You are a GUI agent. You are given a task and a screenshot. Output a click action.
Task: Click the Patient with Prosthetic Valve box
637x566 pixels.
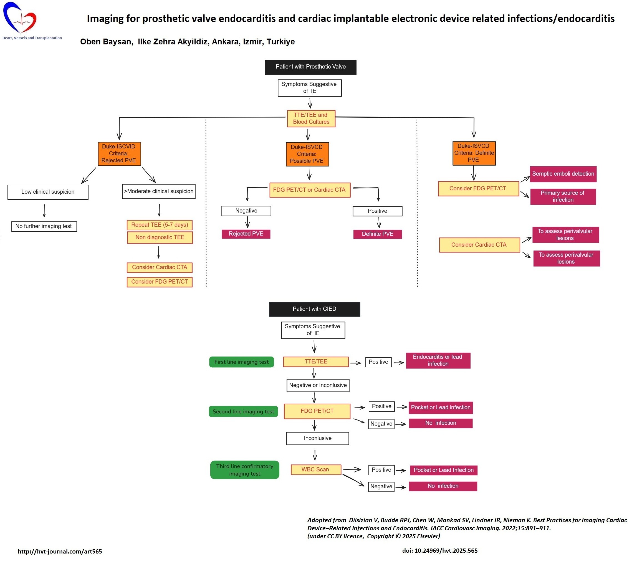click(x=310, y=67)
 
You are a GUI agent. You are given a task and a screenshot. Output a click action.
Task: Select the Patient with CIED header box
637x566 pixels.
click(x=314, y=309)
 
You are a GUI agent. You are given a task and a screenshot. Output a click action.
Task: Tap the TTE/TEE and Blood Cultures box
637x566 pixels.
click(x=311, y=118)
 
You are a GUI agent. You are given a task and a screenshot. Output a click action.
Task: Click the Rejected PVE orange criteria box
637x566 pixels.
click(x=119, y=154)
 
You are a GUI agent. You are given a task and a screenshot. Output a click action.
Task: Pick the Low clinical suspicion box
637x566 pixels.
click(x=48, y=192)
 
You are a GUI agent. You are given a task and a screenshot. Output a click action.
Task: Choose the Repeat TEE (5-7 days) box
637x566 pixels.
click(x=160, y=225)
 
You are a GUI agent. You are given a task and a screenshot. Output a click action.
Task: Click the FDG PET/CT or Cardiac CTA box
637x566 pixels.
click(x=310, y=190)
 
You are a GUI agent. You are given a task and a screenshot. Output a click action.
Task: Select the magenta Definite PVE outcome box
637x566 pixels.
click(x=377, y=234)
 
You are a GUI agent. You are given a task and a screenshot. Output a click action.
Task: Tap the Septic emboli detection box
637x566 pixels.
click(x=563, y=174)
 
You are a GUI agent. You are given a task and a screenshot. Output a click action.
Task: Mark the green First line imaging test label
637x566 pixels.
click(x=242, y=362)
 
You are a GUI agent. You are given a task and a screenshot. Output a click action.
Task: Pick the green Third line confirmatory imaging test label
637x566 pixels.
click(x=245, y=470)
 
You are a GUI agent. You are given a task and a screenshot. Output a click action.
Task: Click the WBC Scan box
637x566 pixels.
click(x=316, y=470)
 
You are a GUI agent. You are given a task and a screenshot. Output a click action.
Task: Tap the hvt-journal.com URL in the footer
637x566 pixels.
click(x=60, y=551)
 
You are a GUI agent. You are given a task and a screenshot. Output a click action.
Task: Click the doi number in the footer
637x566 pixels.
click(x=440, y=551)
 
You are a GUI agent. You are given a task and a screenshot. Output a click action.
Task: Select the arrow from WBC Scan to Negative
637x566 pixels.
click(x=353, y=480)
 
